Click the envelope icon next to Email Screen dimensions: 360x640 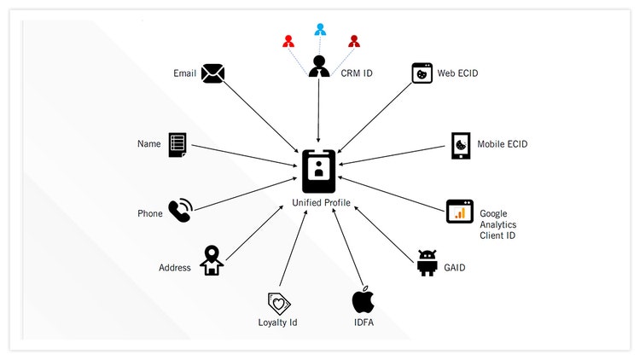tap(212, 74)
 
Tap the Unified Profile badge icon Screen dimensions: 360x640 tap(318, 171)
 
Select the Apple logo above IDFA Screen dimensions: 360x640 tap(364, 300)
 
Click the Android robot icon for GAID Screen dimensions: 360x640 tap(428, 264)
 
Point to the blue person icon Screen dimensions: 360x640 tap(320, 30)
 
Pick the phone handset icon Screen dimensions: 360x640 tap(180, 212)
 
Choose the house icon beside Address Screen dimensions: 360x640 tap(212, 261)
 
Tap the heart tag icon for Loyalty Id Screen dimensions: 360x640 tap(278, 303)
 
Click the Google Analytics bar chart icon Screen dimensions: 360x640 tap(459, 212)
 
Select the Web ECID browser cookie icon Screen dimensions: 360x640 tap(421, 73)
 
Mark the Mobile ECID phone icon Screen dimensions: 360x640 tap(461, 145)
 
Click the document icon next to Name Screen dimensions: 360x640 tap(177, 144)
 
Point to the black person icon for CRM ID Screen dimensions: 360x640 tap(319, 67)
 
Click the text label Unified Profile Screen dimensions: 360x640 tap(320, 203)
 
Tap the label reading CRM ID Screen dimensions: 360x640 tap(356, 73)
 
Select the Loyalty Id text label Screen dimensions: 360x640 tap(277, 322)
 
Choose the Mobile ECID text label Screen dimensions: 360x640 tap(503, 144)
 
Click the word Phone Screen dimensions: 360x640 tap(149, 213)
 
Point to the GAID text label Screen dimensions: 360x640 tap(453, 267)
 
